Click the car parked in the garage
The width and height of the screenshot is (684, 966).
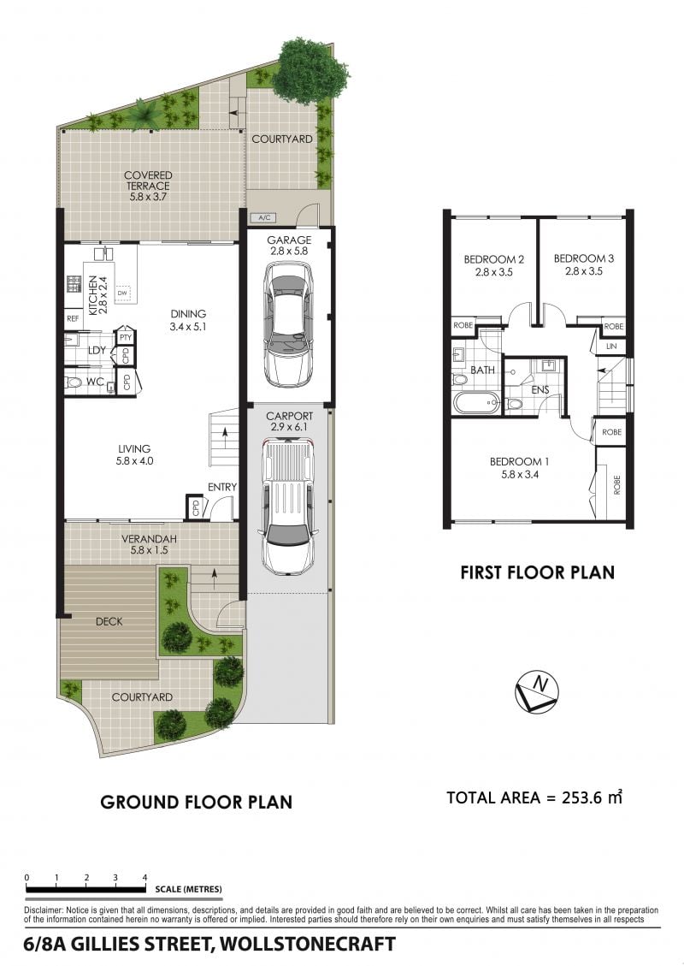pyautogui.click(x=288, y=324)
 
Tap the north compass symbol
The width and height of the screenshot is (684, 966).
pyautogui.click(x=537, y=691)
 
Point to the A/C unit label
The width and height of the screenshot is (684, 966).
pyautogui.click(x=265, y=217)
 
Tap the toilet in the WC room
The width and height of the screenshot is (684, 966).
pyautogui.click(x=74, y=382)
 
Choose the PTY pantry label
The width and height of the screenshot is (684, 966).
pyautogui.click(x=126, y=338)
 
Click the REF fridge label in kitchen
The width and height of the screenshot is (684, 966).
pyautogui.click(x=73, y=318)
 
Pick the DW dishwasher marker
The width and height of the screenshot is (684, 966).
pyautogui.click(x=122, y=293)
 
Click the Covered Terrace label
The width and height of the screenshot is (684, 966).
pyautogui.click(x=148, y=186)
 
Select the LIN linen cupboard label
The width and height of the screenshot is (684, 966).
pyautogui.click(x=611, y=347)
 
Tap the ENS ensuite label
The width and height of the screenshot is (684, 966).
pyautogui.click(x=540, y=390)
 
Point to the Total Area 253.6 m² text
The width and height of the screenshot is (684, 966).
pyautogui.click(x=534, y=797)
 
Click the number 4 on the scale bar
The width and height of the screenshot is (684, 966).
pyautogui.click(x=144, y=878)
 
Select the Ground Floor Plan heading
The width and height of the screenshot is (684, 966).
pyautogui.click(x=197, y=802)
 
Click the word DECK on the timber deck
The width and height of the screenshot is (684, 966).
pyautogui.click(x=109, y=622)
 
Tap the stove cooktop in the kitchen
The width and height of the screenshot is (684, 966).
pyautogui.click(x=74, y=284)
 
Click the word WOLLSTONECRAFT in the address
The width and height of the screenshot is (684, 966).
pyautogui.click(x=307, y=944)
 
